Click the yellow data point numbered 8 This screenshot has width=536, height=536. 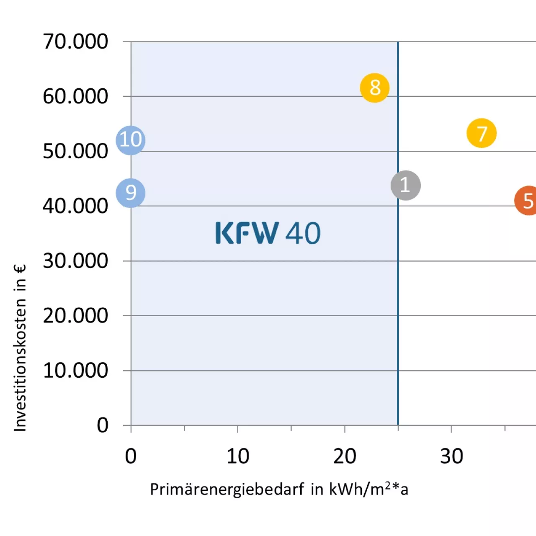(375, 88)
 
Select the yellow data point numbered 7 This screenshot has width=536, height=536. (482, 133)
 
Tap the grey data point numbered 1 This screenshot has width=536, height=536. (405, 185)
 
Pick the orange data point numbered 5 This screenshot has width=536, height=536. (527, 201)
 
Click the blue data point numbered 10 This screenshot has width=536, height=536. (131, 140)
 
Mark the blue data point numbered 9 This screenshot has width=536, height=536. (131, 193)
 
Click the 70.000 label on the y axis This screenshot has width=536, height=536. (75, 42)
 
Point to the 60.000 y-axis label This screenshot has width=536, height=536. (75, 97)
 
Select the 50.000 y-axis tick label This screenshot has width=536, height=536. (75, 152)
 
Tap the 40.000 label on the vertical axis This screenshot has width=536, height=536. (75, 206)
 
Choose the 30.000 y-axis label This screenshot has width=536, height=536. (75, 261)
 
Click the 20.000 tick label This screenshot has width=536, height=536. (75, 316)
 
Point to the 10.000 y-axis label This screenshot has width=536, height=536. (75, 371)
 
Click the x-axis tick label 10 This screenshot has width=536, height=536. (238, 456)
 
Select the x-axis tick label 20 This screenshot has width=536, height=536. (345, 456)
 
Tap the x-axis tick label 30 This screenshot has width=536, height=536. (451, 456)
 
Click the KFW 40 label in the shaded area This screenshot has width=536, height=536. (268, 233)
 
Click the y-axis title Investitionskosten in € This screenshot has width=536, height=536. (20, 348)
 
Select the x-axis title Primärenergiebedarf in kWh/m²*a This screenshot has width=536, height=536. (279, 489)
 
